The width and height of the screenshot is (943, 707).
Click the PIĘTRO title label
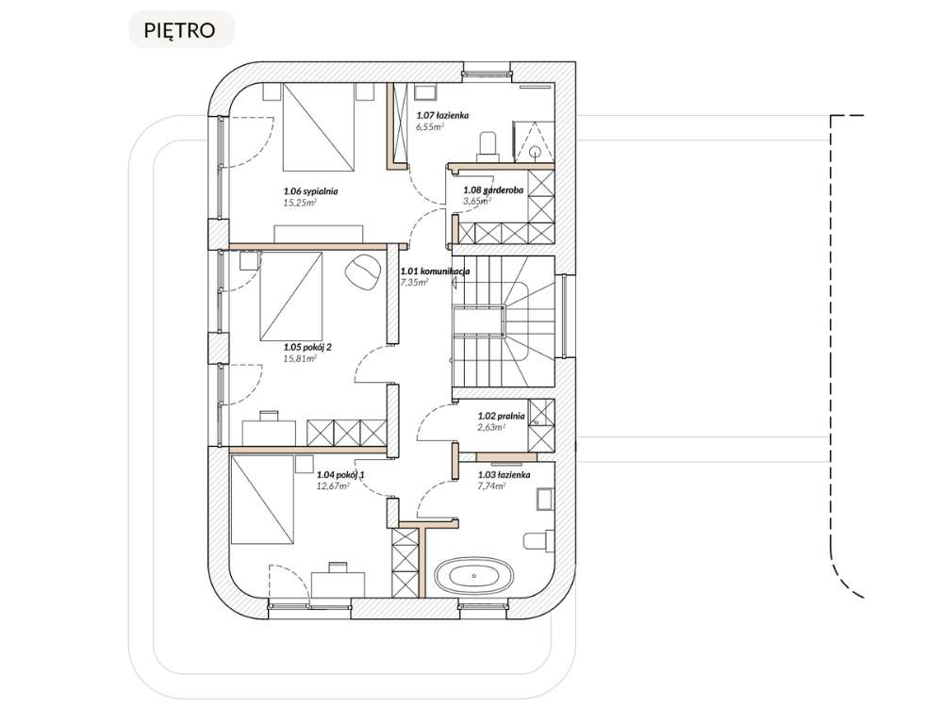(x=179, y=29)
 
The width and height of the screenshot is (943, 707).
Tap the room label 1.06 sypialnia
(x=310, y=191)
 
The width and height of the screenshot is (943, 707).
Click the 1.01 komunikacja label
(x=435, y=271)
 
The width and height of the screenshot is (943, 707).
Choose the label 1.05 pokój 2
(x=307, y=347)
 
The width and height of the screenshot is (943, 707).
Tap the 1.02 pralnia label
(x=501, y=415)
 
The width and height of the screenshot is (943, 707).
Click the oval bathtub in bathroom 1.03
(x=475, y=575)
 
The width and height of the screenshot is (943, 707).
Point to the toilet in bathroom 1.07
(x=488, y=143)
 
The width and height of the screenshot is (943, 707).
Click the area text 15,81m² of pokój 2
(x=300, y=358)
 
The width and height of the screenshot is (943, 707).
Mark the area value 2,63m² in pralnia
(x=491, y=426)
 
